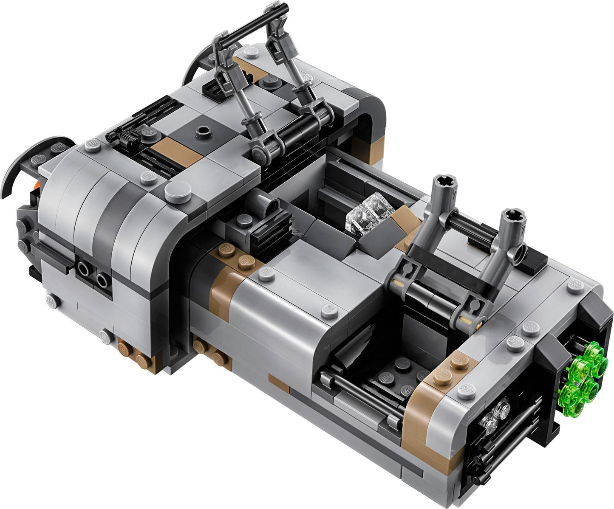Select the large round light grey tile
point(178,192)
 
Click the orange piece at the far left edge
point(37,185)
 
